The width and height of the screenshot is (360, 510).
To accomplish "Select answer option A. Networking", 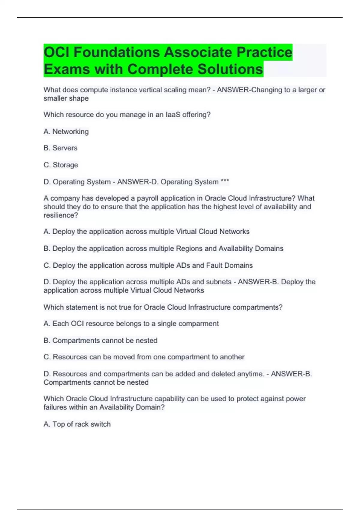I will point(66,132).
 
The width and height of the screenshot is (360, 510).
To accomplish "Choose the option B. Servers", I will point(60,148).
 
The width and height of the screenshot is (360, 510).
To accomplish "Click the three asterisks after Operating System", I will point(225,182).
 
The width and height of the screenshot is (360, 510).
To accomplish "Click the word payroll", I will point(147,198).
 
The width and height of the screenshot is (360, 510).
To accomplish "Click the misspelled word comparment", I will point(200,324).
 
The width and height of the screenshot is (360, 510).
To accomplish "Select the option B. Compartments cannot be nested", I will point(100,341).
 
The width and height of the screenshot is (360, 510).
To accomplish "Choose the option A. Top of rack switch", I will point(77,424).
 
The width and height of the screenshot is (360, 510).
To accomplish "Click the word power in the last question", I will point(296,399).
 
